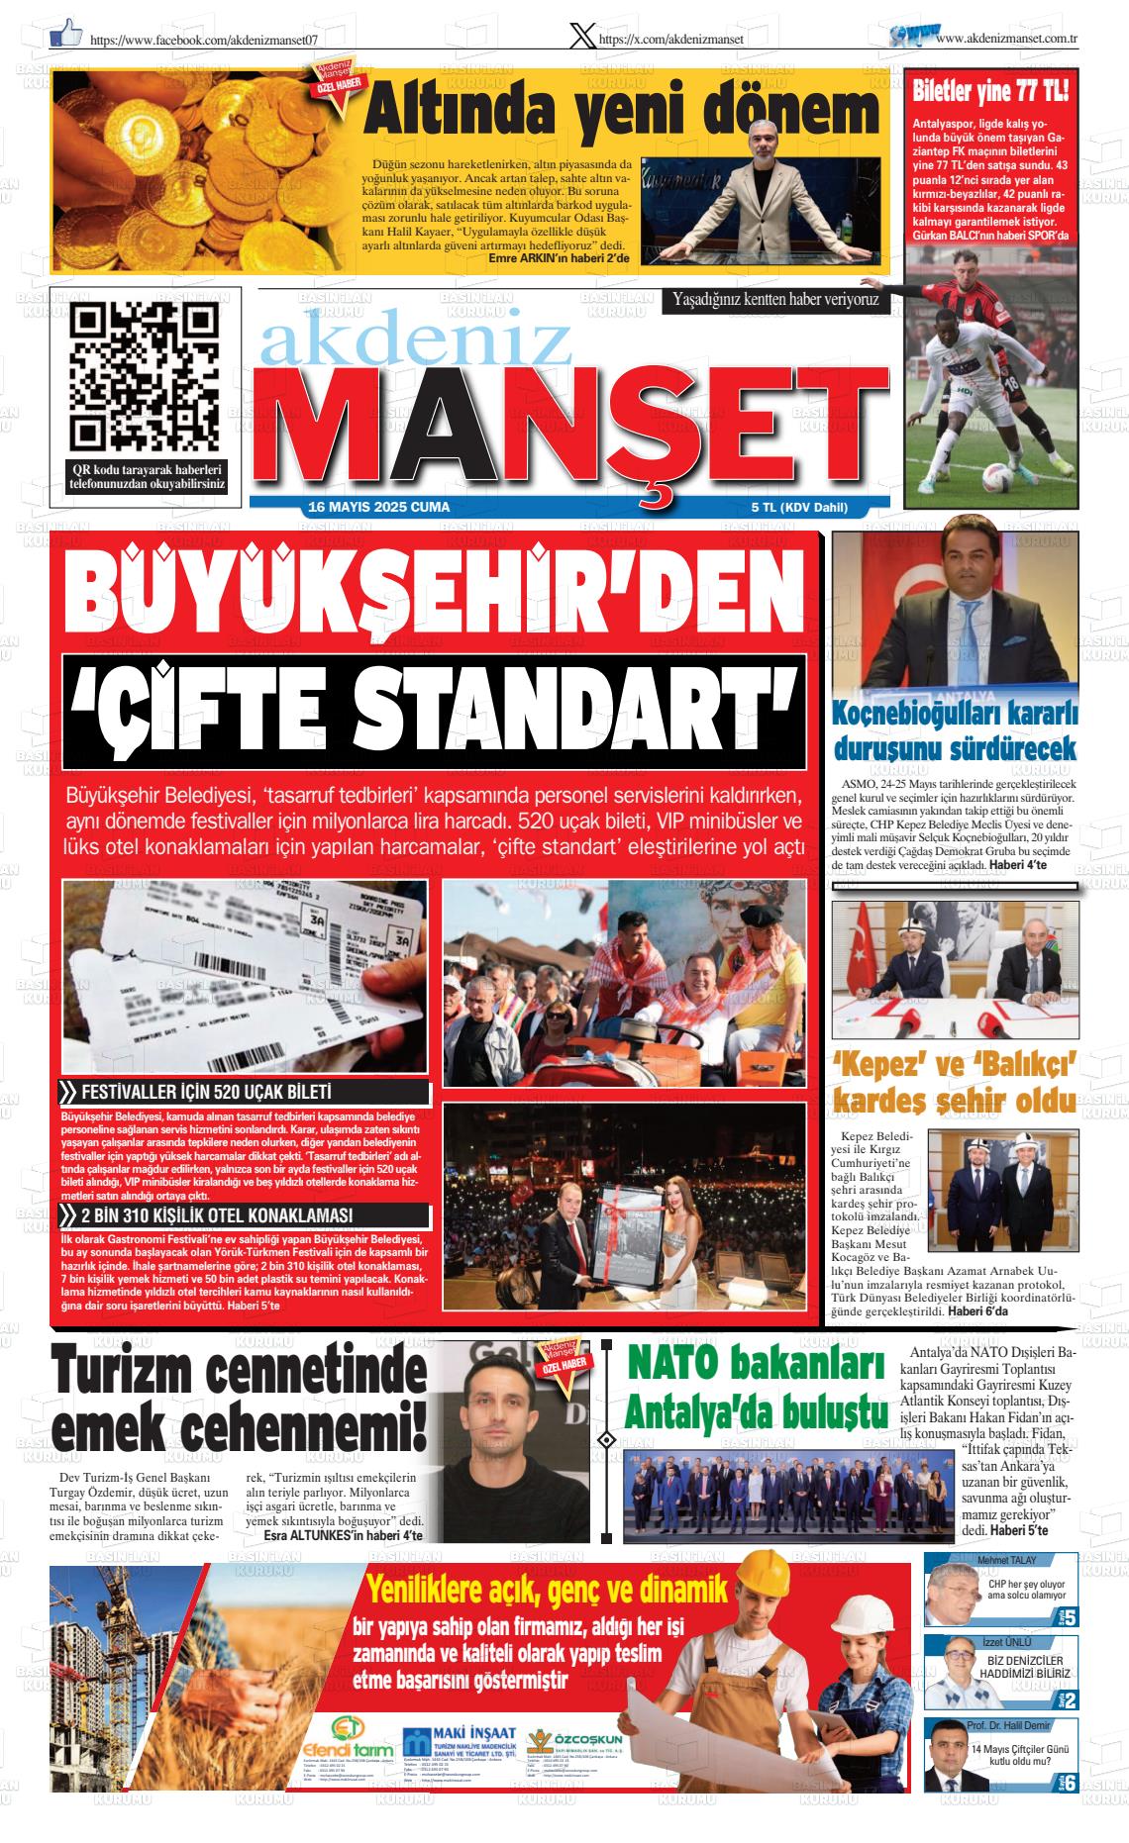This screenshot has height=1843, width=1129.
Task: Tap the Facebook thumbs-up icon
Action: tap(66, 35)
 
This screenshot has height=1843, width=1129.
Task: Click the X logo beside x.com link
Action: tap(584, 37)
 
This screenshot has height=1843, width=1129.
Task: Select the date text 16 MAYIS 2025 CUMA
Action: tap(379, 508)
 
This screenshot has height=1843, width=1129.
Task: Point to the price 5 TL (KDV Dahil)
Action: tap(799, 508)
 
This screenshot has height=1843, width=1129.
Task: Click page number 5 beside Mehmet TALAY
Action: tap(1071, 1619)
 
